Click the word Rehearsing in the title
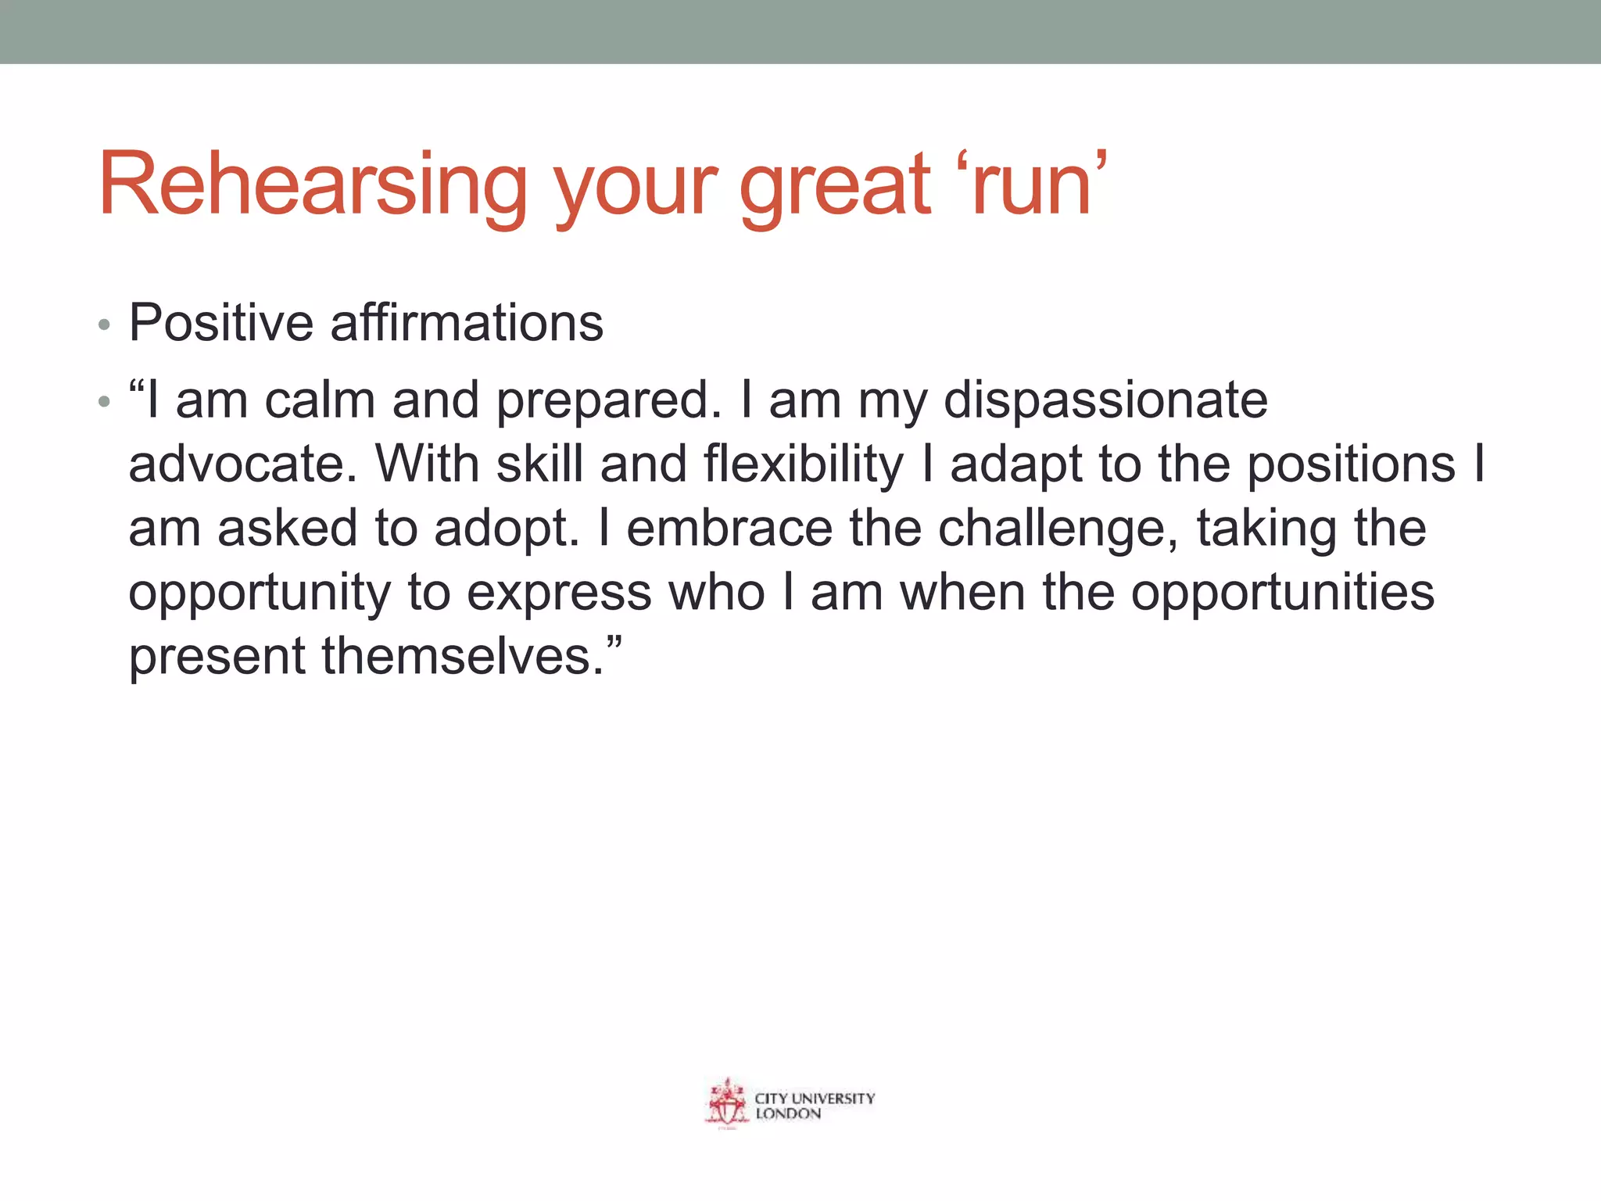313,185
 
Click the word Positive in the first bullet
220,322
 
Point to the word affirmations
467,322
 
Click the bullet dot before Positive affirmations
104,324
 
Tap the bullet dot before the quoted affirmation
104,403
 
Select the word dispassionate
1105,400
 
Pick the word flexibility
803,464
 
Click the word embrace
729,529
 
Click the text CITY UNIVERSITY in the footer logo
814,1098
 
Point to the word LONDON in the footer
788,1114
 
